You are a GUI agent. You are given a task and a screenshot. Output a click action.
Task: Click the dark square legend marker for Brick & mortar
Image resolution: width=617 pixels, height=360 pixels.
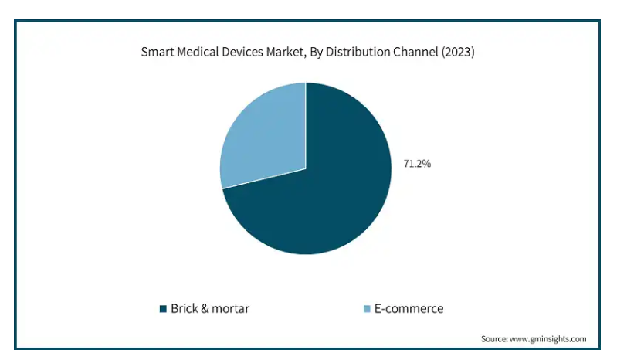click(163, 309)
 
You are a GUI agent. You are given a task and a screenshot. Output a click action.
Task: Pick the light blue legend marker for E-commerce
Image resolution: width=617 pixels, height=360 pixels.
click(367, 309)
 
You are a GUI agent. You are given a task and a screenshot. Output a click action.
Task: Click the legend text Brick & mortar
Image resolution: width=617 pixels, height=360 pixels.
click(210, 309)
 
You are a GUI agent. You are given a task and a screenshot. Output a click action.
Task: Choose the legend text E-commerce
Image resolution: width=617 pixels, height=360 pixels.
click(409, 309)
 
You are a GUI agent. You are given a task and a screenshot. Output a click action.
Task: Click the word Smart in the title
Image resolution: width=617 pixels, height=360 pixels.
click(157, 53)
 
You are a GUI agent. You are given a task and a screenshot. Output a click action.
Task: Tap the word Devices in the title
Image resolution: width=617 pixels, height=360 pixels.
click(245, 53)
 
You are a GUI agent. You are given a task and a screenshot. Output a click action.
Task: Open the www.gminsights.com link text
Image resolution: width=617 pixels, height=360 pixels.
click(548, 338)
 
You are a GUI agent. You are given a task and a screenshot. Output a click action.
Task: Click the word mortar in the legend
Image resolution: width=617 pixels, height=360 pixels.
click(229, 309)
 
